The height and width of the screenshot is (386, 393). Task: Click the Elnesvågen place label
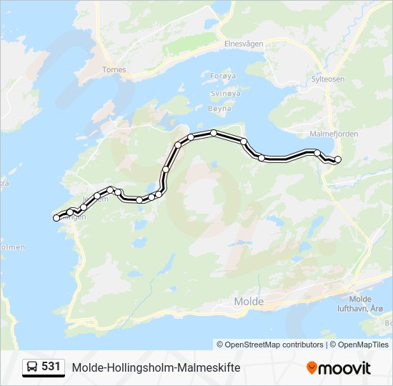tap(244, 44)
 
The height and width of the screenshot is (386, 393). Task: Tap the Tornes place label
tap(114, 70)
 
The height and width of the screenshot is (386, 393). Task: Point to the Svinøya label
tap(225, 93)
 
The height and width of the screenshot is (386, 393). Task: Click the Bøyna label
tap(220, 109)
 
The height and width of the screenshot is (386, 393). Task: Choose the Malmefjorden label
tap(334, 134)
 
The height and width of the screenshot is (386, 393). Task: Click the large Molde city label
tap(249, 302)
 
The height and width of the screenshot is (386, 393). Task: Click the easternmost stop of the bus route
tap(338, 159)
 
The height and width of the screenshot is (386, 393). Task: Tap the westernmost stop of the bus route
tap(56, 218)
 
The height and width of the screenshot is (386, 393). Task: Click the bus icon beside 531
tap(31, 367)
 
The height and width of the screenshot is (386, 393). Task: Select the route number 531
tap(51, 367)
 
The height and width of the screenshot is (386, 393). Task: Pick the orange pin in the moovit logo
tap(312, 367)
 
